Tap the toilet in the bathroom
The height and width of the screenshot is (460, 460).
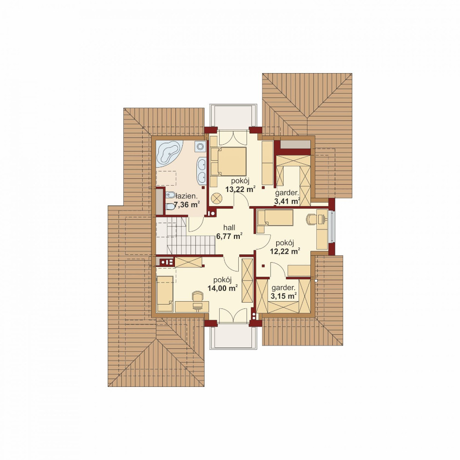click(170, 207)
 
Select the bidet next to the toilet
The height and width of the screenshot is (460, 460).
click(170, 194)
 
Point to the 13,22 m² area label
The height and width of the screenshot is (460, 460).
click(240, 189)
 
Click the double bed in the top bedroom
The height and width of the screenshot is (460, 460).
click(228, 161)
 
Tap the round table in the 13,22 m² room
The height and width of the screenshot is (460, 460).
click(217, 198)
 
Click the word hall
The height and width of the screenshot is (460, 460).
click(229, 228)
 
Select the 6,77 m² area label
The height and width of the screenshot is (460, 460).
click(229, 236)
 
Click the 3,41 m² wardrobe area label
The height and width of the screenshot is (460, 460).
click(287, 201)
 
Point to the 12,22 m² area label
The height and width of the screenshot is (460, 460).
click(285, 251)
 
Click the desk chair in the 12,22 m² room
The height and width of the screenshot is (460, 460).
click(311, 219)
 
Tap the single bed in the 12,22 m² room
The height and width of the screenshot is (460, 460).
click(275, 217)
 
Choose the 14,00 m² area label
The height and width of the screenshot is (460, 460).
click(223, 288)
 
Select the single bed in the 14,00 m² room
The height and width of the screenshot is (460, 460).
click(165, 293)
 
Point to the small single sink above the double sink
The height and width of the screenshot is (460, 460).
click(201, 146)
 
